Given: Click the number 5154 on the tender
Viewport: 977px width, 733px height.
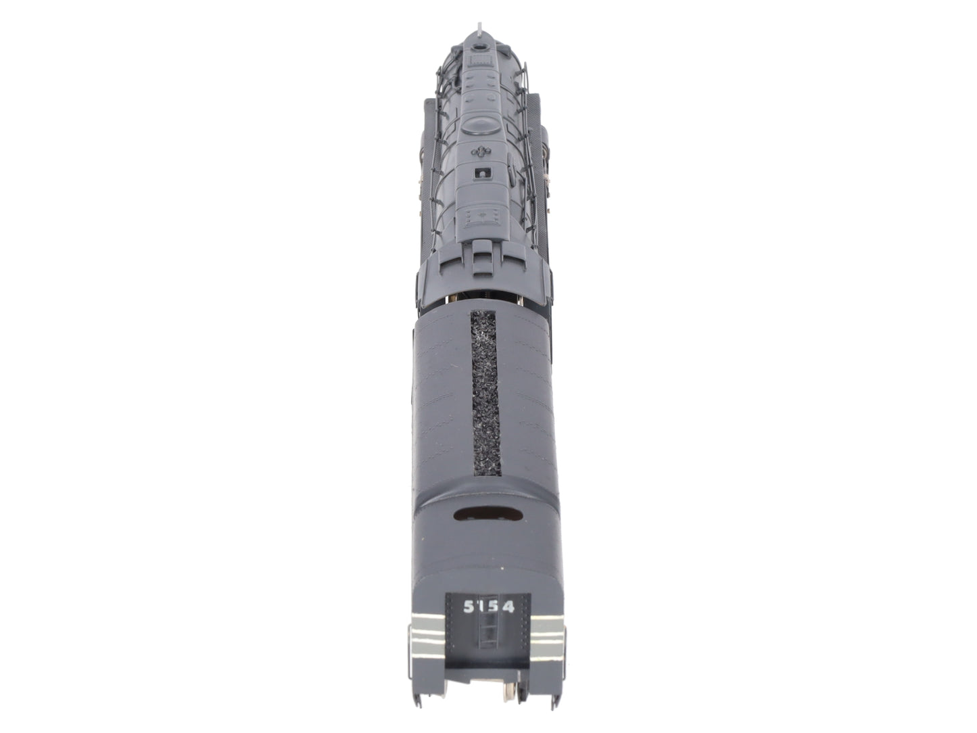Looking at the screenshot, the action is pos(488,607).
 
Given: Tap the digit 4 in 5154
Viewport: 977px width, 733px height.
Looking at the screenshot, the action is pos(508,607).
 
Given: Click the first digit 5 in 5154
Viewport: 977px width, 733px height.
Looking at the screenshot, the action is pos(469,606).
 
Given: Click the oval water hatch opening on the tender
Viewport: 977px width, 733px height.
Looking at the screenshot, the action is pos(488,514).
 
